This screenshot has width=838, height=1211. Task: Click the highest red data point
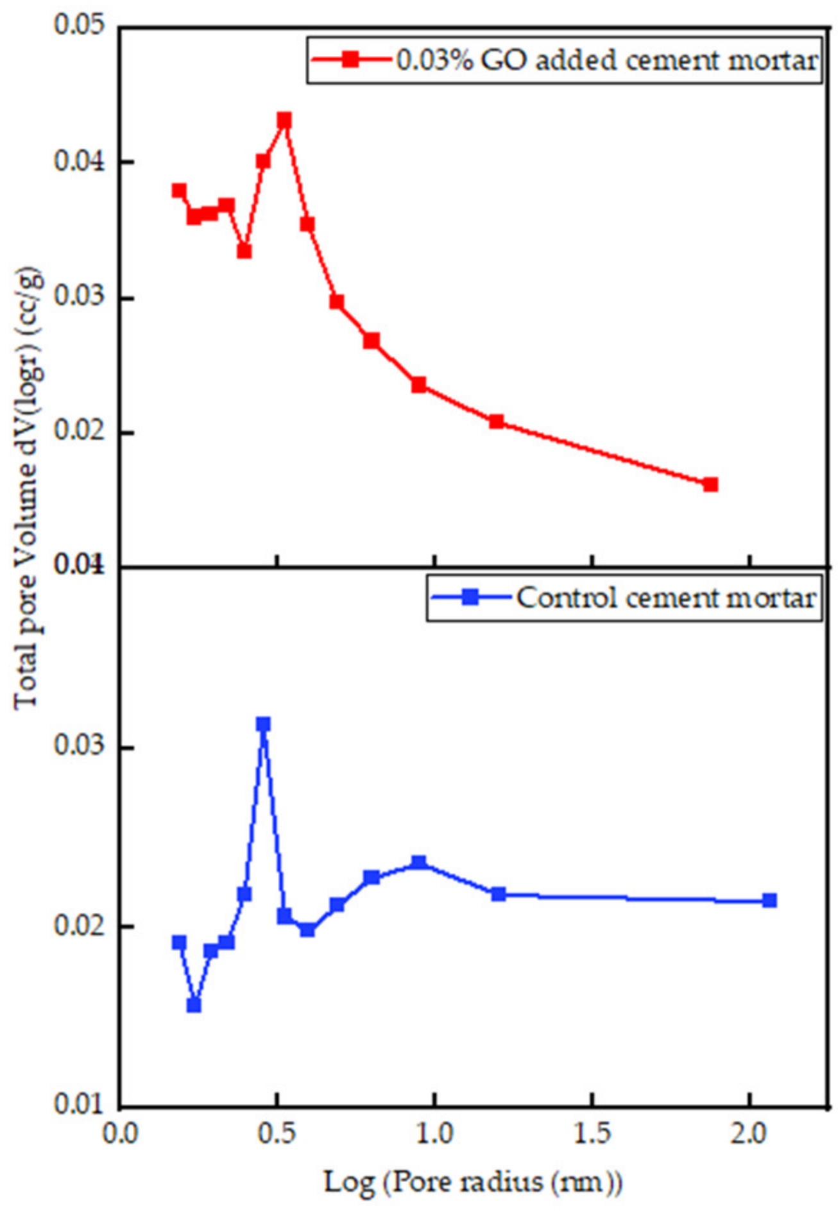tap(284, 121)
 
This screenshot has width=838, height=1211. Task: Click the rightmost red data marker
tap(710, 484)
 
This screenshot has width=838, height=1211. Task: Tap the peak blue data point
tap(263, 724)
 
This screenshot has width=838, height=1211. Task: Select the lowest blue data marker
tap(194, 1005)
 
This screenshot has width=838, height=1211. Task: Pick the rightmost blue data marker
tap(769, 901)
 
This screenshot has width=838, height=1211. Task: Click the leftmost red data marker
tap(179, 191)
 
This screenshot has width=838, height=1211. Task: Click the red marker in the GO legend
tap(350, 60)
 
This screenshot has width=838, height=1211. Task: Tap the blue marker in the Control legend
tap(470, 597)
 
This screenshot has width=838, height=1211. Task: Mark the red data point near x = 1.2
tap(496, 421)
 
